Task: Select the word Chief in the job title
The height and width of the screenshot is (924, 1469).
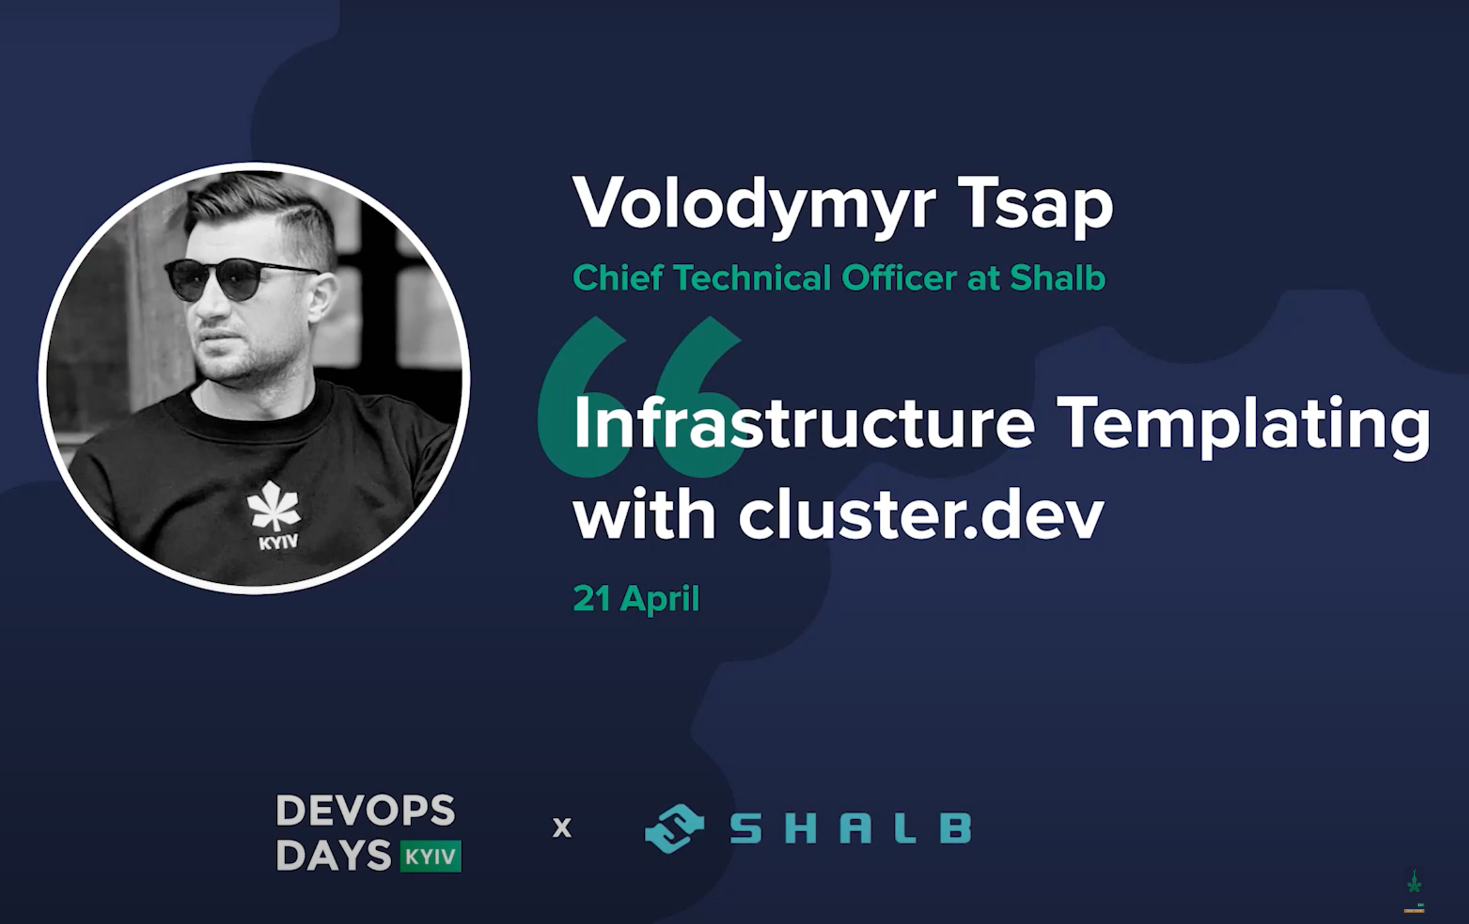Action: (x=617, y=278)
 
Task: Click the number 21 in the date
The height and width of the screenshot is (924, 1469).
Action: (x=592, y=599)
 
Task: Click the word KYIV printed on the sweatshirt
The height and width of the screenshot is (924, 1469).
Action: (x=278, y=542)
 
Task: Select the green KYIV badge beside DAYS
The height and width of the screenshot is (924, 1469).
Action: (x=431, y=856)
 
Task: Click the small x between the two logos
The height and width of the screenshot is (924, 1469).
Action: (x=562, y=828)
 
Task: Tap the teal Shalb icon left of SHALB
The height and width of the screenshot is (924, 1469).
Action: (x=674, y=828)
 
